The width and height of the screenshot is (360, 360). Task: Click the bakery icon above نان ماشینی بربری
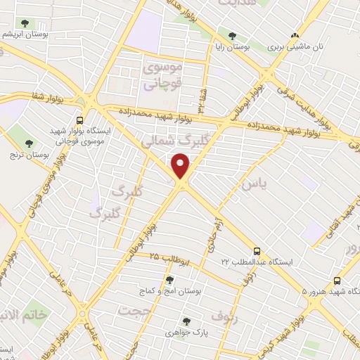tap(295, 34)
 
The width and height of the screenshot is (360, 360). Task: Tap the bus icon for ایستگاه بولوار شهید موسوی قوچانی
tap(79, 120)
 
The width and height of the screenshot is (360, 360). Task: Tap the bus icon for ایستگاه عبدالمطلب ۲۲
tap(257, 250)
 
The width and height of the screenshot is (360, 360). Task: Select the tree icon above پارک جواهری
tap(186, 321)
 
